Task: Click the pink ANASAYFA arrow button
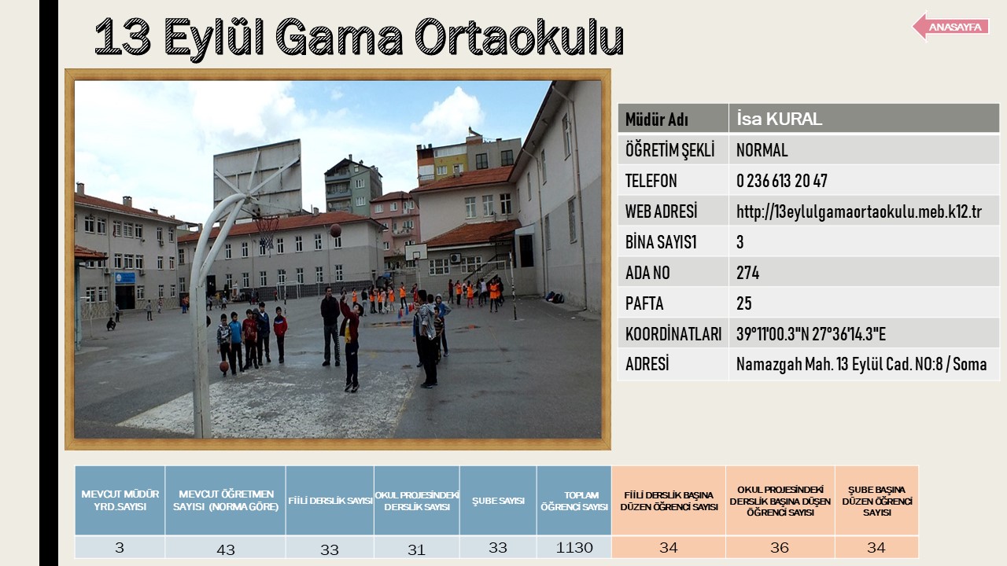pos(951,27)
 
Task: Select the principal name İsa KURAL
pos(779,119)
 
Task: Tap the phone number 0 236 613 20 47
pos(782,181)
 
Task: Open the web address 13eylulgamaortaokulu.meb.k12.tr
pos(858,211)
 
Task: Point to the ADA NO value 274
pos(747,273)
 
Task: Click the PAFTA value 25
pos(743,303)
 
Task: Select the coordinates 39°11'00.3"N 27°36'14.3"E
pos(810,334)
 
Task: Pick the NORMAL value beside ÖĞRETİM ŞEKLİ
pos(762,150)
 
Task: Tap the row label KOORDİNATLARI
pos(673,334)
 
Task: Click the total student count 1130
pos(574,548)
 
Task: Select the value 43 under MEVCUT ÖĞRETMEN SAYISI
pos(225,549)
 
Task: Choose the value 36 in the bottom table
pos(779,548)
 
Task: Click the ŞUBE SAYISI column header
pos(498,501)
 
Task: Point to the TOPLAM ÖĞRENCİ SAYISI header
pos(574,501)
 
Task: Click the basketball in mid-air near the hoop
pos(335,230)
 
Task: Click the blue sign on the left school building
pos(125,277)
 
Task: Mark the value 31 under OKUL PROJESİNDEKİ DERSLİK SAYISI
pos(416,549)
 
